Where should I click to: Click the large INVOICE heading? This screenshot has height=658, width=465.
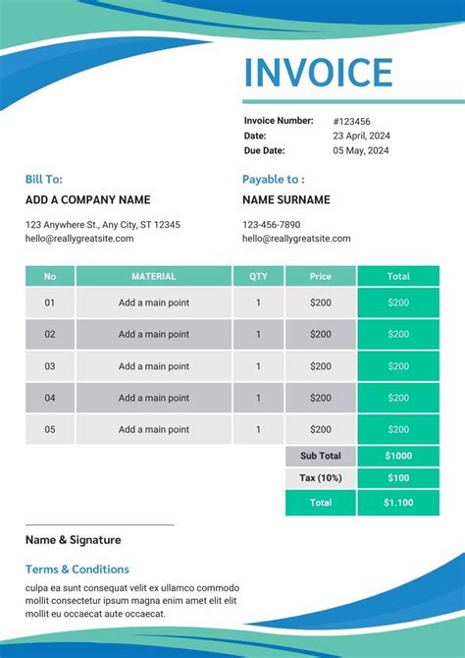point(318,73)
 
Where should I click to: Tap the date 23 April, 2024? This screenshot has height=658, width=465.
point(361,136)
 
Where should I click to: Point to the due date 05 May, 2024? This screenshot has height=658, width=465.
point(361,150)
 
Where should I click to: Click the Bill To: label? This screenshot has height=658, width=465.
point(44,179)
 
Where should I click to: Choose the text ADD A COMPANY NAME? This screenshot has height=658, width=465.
point(87,199)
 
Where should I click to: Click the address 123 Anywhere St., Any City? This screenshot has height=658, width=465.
point(103,225)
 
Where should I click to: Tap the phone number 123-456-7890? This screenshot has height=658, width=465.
point(272,225)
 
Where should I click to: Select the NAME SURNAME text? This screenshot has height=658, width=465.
point(286,199)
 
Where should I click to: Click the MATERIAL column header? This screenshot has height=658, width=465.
point(154,276)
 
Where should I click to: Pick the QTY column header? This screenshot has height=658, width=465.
point(258,276)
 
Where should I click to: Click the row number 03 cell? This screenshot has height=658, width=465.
point(50,365)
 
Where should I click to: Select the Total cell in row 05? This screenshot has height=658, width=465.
point(398,429)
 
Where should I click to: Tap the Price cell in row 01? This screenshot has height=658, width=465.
point(321,302)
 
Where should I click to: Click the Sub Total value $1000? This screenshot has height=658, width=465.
point(398,456)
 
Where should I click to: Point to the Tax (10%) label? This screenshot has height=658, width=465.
point(321,478)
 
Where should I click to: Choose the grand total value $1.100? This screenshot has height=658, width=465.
point(398,502)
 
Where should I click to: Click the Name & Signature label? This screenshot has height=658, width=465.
point(74,539)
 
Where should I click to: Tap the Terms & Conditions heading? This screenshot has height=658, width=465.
point(77,569)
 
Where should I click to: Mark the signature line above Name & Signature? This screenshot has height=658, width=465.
point(99,525)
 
